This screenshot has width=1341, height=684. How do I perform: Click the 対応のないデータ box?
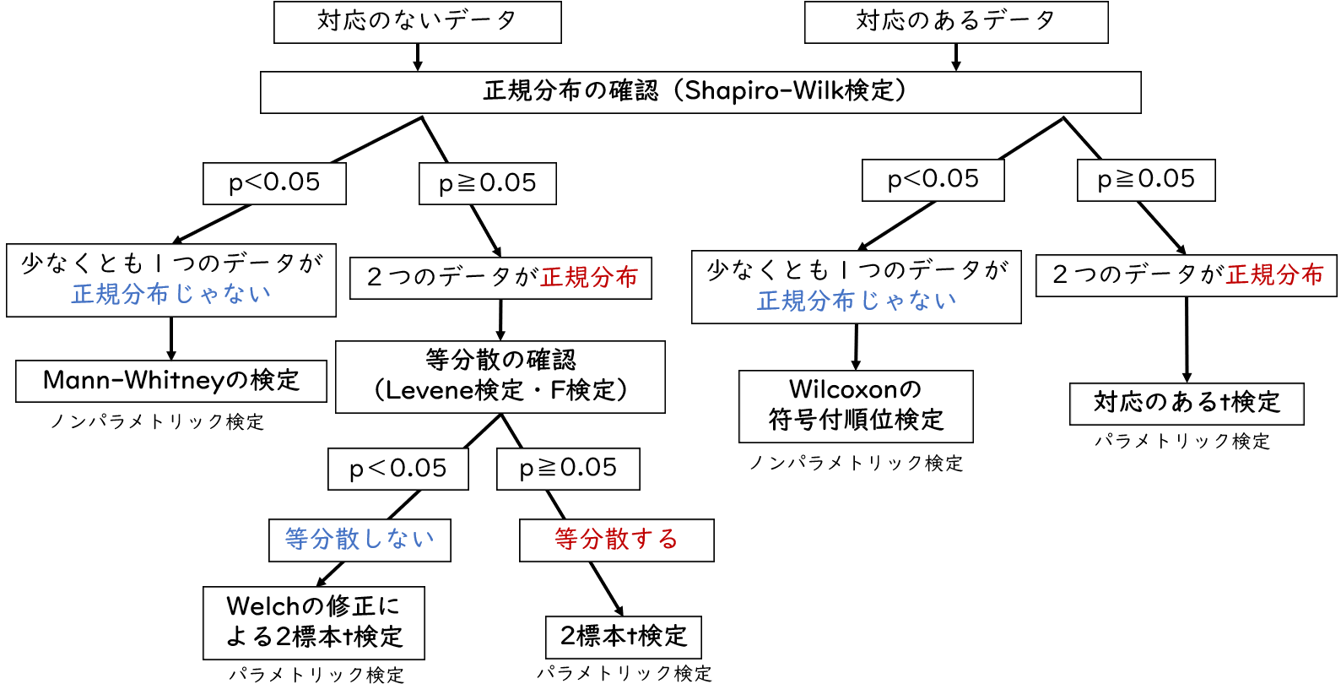[417, 22]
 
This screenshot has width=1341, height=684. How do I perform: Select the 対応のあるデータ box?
[955, 22]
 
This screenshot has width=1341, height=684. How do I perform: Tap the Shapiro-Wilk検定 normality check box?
[700, 92]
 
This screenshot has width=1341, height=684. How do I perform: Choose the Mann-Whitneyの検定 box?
[170, 381]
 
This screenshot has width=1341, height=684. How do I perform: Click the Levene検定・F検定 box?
[500, 377]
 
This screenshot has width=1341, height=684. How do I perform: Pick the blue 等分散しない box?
[360, 540]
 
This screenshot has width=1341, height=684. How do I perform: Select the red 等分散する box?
[616, 540]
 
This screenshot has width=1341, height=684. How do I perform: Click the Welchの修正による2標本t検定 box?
[313, 622]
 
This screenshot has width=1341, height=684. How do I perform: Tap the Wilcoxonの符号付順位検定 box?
[856, 406]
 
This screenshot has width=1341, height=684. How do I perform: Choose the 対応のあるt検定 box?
[1186, 404]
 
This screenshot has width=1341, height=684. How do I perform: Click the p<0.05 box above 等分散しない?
[397, 469]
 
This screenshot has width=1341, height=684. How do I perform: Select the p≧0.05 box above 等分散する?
[568, 469]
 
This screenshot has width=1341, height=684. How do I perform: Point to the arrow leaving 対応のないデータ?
[417, 57]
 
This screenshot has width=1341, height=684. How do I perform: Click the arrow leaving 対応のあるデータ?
[955, 57]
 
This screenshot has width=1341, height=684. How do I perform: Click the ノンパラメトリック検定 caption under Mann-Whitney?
[157, 422]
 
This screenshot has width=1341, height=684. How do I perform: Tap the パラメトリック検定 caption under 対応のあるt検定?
[1181, 442]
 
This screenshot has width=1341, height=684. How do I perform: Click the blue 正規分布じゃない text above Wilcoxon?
[856, 301]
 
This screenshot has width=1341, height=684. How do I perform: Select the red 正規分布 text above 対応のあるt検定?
[1274, 275]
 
